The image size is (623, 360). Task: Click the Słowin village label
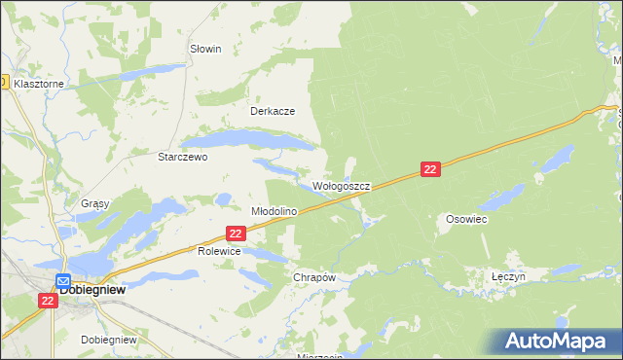click(x=205, y=49)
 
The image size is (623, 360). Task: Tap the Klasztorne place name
click(x=39, y=85)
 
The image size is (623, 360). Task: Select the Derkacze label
click(x=273, y=111)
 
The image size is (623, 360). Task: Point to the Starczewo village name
click(x=183, y=156)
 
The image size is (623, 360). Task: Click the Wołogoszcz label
click(x=341, y=185)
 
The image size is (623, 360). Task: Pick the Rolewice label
click(x=218, y=251)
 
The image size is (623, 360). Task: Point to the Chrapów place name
click(x=314, y=277)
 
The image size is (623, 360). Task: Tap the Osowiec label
click(x=466, y=220)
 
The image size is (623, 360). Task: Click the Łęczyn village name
click(x=508, y=276)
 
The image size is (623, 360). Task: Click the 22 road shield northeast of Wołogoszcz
click(x=432, y=169)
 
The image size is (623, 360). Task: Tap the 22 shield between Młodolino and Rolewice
click(x=235, y=234)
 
